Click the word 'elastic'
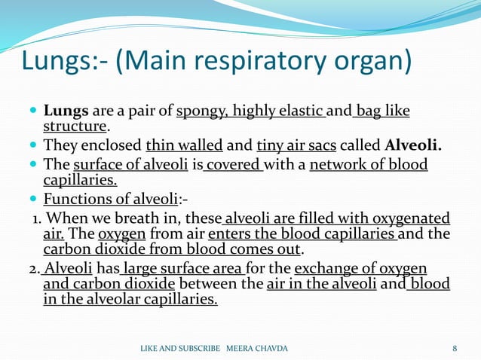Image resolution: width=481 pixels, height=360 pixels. [298, 111]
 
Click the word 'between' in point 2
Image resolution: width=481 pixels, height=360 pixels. [208, 284]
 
